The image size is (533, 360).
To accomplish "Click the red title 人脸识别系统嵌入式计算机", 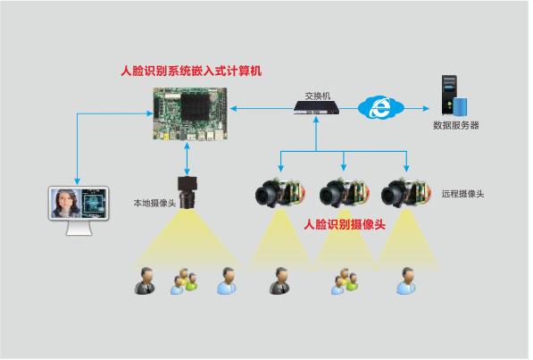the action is [x=191, y=71].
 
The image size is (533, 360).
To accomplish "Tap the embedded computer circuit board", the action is [x=190, y=113].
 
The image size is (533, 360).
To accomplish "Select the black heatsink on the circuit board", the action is [x=196, y=107].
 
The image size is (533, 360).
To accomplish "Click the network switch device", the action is [x=316, y=108].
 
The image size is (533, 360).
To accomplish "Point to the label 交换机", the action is [x=318, y=96].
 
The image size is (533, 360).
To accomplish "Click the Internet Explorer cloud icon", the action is [x=380, y=107].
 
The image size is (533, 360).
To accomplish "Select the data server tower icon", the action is [x=454, y=95].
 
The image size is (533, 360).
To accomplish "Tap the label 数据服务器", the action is [x=455, y=125].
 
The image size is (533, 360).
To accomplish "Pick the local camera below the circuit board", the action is [x=187, y=192].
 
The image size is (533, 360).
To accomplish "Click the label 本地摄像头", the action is [x=154, y=203].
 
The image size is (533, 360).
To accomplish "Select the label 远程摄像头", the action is [x=462, y=194].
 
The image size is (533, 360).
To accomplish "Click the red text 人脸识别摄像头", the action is [x=345, y=224].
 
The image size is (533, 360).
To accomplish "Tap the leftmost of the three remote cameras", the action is [x=279, y=193].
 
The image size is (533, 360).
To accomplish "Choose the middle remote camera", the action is [x=344, y=193].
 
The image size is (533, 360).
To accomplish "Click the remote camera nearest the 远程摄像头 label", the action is [x=405, y=193].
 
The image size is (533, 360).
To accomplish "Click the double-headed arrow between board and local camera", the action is [x=187, y=159].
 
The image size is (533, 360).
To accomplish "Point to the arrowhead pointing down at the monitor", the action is [x=77, y=181].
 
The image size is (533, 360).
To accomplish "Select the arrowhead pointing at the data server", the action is [x=426, y=109].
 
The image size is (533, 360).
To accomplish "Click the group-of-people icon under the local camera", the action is [x=184, y=281].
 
